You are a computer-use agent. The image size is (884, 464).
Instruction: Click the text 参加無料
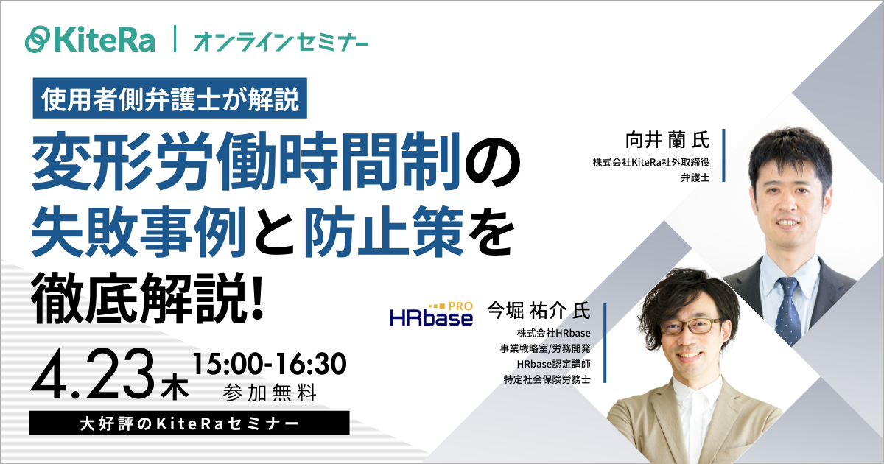[269, 394]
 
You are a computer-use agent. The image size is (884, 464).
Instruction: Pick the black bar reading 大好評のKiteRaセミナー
[190, 423]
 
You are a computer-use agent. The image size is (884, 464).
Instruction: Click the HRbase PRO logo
[431, 314]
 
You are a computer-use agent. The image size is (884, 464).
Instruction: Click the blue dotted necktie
[787, 309]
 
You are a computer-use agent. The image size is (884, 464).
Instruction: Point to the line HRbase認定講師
[554, 364]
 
